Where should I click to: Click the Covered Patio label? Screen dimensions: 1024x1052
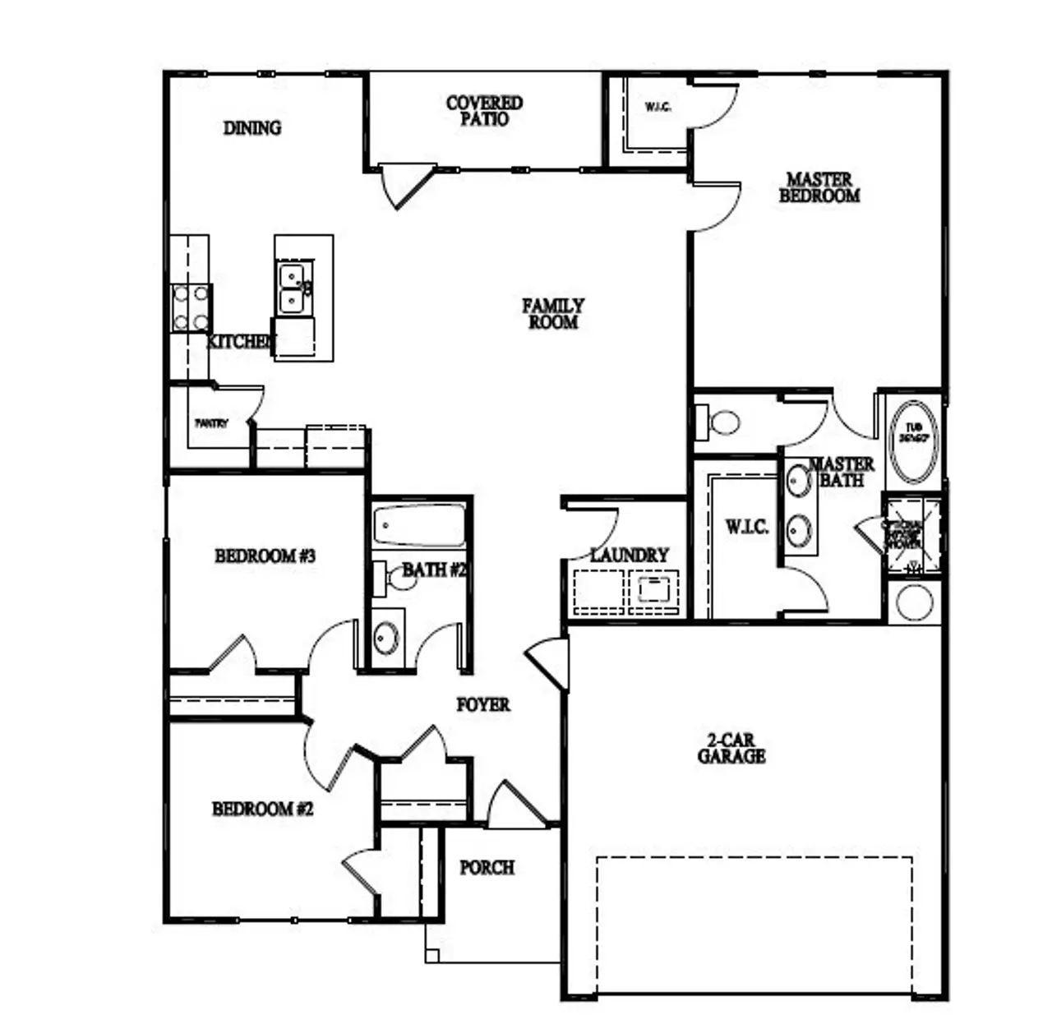(484, 111)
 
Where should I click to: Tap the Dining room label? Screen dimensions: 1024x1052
(252, 128)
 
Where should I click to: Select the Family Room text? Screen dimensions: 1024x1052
(553, 314)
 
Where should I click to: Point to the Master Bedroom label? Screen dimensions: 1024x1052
(819, 187)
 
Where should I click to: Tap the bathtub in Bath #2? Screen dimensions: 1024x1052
(418, 526)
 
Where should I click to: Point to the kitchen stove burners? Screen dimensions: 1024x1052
(191, 308)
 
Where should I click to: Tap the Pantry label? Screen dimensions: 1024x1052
(210, 424)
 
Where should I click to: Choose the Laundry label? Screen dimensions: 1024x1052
(630, 556)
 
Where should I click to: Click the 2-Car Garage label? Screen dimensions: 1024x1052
(731, 748)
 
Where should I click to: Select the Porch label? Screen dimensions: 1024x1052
(487, 868)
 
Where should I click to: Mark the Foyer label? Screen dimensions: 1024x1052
(483, 705)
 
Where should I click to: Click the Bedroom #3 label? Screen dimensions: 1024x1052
(265, 556)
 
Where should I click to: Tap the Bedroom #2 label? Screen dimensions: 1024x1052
(262, 810)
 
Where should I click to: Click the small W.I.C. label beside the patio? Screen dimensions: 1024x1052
(657, 107)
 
